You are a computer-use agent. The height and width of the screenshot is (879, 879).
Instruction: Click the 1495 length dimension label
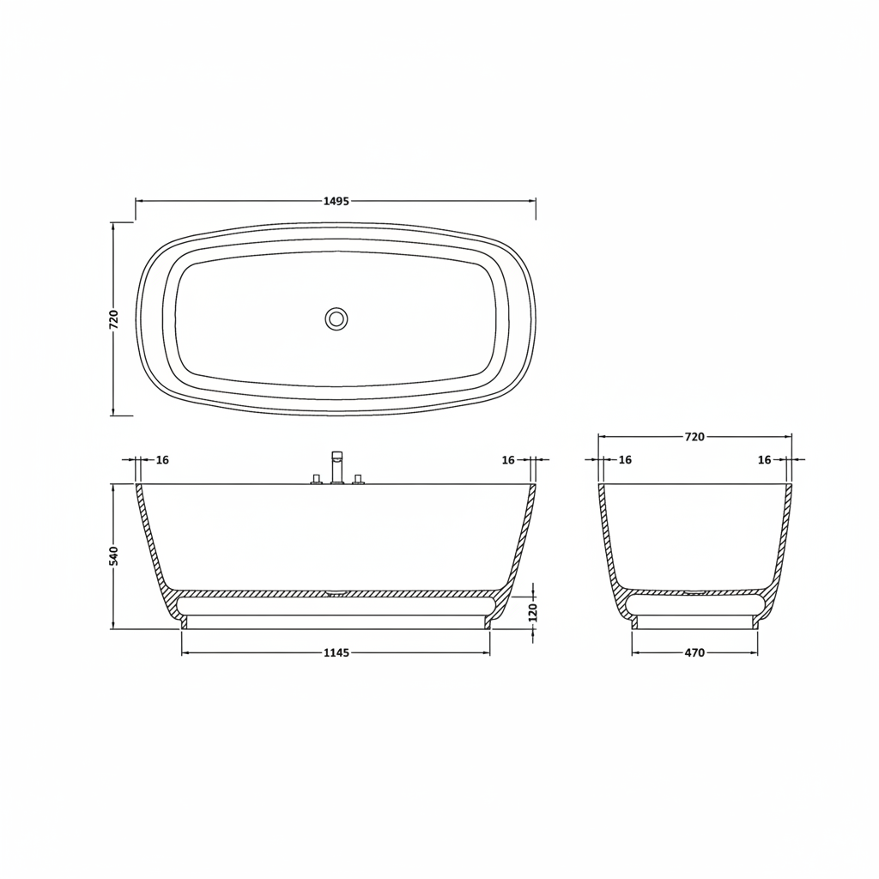pos(336,201)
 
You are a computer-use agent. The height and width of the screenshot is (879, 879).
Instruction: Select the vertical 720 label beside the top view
pos(114,319)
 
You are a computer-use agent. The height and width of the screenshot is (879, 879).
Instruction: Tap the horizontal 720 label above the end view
pos(694,437)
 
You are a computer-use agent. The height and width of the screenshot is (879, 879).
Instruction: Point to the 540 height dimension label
pos(114,555)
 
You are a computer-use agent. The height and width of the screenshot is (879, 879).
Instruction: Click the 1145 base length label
pos(336,653)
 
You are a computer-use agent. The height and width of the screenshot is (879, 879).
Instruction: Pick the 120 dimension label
pos(533,612)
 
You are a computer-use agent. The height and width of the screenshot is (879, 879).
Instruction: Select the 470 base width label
pos(694,653)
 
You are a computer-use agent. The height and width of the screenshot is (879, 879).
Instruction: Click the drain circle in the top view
pos(336,319)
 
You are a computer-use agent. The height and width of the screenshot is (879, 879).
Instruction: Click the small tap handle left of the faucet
pos(316,479)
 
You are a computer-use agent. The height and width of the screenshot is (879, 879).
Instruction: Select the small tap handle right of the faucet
pos(358,479)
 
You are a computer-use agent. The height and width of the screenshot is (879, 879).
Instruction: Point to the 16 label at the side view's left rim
pos(162,460)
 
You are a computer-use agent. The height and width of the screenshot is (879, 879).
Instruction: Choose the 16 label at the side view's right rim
pos(508,460)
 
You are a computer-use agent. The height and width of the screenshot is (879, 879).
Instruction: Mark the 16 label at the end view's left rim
pos(625,460)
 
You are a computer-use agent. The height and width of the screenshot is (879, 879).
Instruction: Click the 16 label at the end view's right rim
pos(764,460)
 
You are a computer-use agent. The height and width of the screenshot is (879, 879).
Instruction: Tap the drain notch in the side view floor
pos(336,591)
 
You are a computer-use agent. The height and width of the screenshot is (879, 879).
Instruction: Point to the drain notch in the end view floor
pos(694,591)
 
